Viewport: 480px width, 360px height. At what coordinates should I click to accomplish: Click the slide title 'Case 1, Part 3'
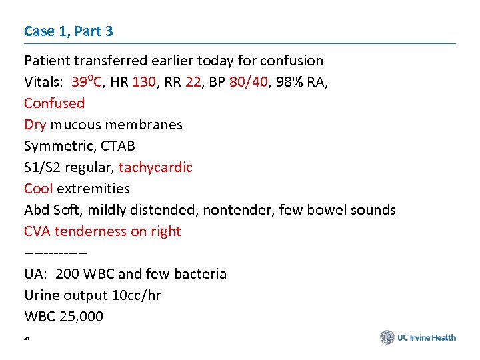pyautogui.click(x=68, y=31)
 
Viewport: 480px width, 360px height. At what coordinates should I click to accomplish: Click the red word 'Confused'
pyautogui.click(x=55, y=103)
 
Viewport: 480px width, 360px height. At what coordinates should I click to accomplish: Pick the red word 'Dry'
pyautogui.click(x=35, y=125)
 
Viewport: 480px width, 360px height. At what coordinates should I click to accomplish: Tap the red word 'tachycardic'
pyautogui.click(x=155, y=167)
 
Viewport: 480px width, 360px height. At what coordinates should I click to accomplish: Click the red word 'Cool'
pyautogui.click(x=39, y=189)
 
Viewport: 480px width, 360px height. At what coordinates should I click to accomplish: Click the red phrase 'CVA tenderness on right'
pyautogui.click(x=103, y=231)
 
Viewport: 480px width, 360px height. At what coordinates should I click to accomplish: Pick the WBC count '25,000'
pyautogui.click(x=81, y=317)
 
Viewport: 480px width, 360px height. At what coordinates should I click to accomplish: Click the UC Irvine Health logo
pyautogui.click(x=418, y=337)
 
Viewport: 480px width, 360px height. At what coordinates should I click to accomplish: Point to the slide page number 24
pyautogui.click(x=27, y=339)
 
